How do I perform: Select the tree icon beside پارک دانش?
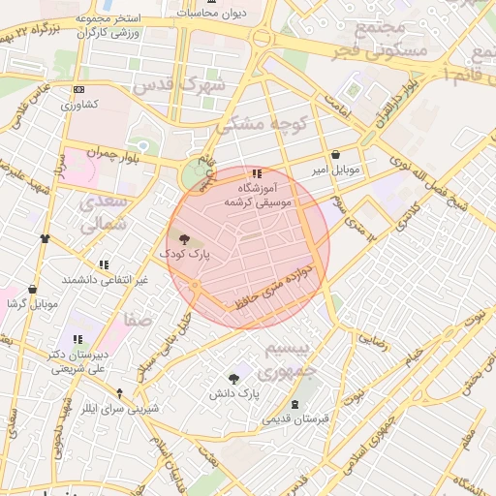click(x=233, y=379)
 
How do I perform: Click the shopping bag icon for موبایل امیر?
click(x=335, y=154)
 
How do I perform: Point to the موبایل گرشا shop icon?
click(x=33, y=289)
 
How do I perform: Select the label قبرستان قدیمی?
click(x=294, y=417)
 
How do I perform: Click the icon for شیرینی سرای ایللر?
click(x=119, y=393)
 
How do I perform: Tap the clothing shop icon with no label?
click(x=45, y=237)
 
